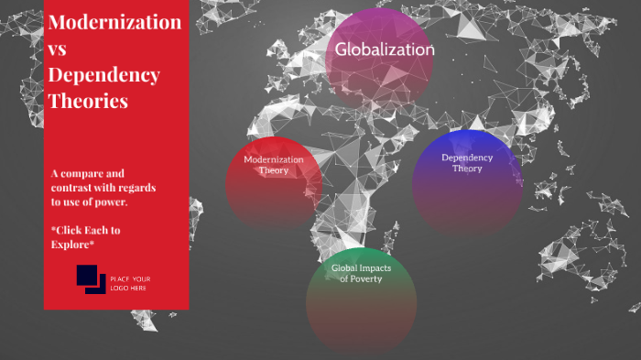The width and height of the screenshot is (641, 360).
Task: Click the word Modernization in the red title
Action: pyautogui.click(x=114, y=22)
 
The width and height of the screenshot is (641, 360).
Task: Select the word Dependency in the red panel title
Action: pyautogui.click(x=103, y=75)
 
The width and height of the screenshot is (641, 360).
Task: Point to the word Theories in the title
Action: pyautogui.click(x=87, y=101)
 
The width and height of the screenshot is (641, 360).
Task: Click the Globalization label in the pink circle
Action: pyautogui.click(x=385, y=49)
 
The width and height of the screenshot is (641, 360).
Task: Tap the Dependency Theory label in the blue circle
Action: pyautogui.click(x=467, y=162)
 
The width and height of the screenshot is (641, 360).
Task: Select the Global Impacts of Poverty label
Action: pyautogui.click(x=361, y=273)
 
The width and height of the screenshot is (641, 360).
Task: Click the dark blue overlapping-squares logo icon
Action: pyautogui.click(x=91, y=278)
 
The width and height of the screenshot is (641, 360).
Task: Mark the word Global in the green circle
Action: pyautogui.click(x=346, y=267)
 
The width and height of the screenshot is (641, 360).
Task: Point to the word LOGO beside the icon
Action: pyautogui.click(x=120, y=288)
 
